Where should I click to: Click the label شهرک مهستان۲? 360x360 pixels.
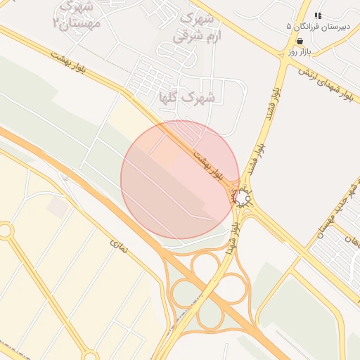click(x=77, y=15)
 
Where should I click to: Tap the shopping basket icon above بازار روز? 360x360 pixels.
click(x=300, y=41)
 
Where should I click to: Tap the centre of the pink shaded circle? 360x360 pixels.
click(x=180, y=180)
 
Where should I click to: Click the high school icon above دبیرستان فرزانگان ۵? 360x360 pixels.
click(x=318, y=15)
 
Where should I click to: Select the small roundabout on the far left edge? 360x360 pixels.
click(x=6, y=230)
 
